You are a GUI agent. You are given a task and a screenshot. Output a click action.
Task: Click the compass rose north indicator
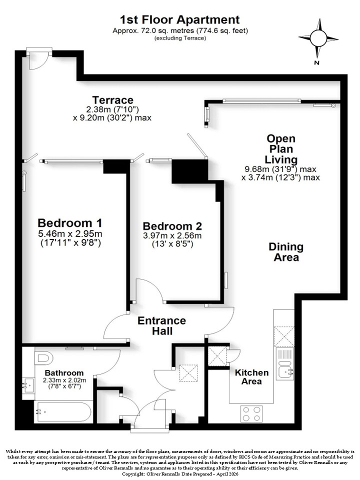318,38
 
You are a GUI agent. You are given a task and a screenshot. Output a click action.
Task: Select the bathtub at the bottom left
63,411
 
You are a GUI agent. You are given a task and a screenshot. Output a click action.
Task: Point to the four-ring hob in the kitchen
251,413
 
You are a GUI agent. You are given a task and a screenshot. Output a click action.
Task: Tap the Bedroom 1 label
70,222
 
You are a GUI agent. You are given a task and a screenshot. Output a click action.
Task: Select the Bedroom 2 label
172,226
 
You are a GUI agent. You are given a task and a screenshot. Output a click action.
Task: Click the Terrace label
113,100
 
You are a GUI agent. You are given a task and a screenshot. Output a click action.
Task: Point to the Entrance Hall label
161,325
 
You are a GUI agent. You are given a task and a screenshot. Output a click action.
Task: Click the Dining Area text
286,252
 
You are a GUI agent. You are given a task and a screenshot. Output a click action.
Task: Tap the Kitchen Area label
251,377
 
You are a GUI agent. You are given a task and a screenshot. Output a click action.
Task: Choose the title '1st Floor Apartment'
179,20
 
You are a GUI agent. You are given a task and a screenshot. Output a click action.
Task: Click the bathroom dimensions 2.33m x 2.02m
64,380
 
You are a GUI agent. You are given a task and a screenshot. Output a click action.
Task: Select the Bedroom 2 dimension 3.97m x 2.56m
172,235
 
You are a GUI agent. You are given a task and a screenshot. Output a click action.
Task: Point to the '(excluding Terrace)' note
180,38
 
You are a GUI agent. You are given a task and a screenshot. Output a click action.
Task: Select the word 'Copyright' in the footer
132,474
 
